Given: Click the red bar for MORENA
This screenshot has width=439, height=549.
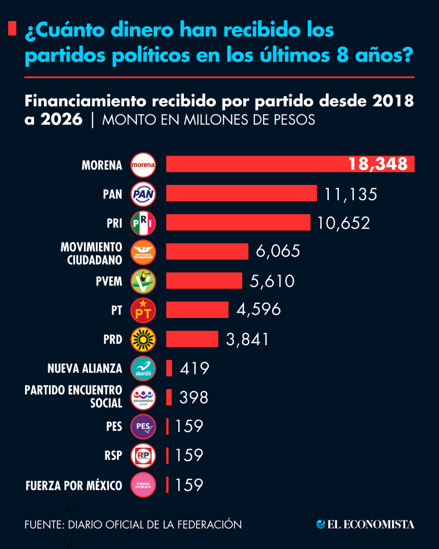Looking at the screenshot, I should (x=256, y=164).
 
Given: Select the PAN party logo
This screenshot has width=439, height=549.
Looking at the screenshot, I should (x=144, y=194).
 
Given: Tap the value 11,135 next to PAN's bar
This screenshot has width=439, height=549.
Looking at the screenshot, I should (x=351, y=194).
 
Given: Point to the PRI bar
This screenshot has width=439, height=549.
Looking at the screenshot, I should (x=238, y=223).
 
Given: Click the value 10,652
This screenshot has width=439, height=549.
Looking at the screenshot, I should (x=343, y=223).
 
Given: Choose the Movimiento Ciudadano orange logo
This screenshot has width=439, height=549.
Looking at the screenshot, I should (x=144, y=252).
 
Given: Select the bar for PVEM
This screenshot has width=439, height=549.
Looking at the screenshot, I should (x=204, y=280).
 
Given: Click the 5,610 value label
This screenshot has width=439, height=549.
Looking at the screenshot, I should (x=272, y=281).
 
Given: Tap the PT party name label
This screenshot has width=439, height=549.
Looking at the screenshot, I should (x=117, y=310).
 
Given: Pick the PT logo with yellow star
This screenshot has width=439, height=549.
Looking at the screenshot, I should (x=144, y=310).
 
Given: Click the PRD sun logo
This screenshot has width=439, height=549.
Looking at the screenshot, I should (x=144, y=339).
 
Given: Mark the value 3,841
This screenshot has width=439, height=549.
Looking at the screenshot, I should (x=247, y=339).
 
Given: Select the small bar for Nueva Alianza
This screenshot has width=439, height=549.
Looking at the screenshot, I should (x=169, y=368).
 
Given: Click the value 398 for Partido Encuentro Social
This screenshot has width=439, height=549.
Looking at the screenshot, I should (x=194, y=398).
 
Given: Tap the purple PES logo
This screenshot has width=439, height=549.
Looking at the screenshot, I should (x=144, y=427).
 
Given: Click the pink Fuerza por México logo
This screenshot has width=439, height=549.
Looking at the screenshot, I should (x=144, y=485).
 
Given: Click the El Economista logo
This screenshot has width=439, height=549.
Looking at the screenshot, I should (x=365, y=524).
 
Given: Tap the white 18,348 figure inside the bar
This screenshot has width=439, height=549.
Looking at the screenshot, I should (x=378, y=164).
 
